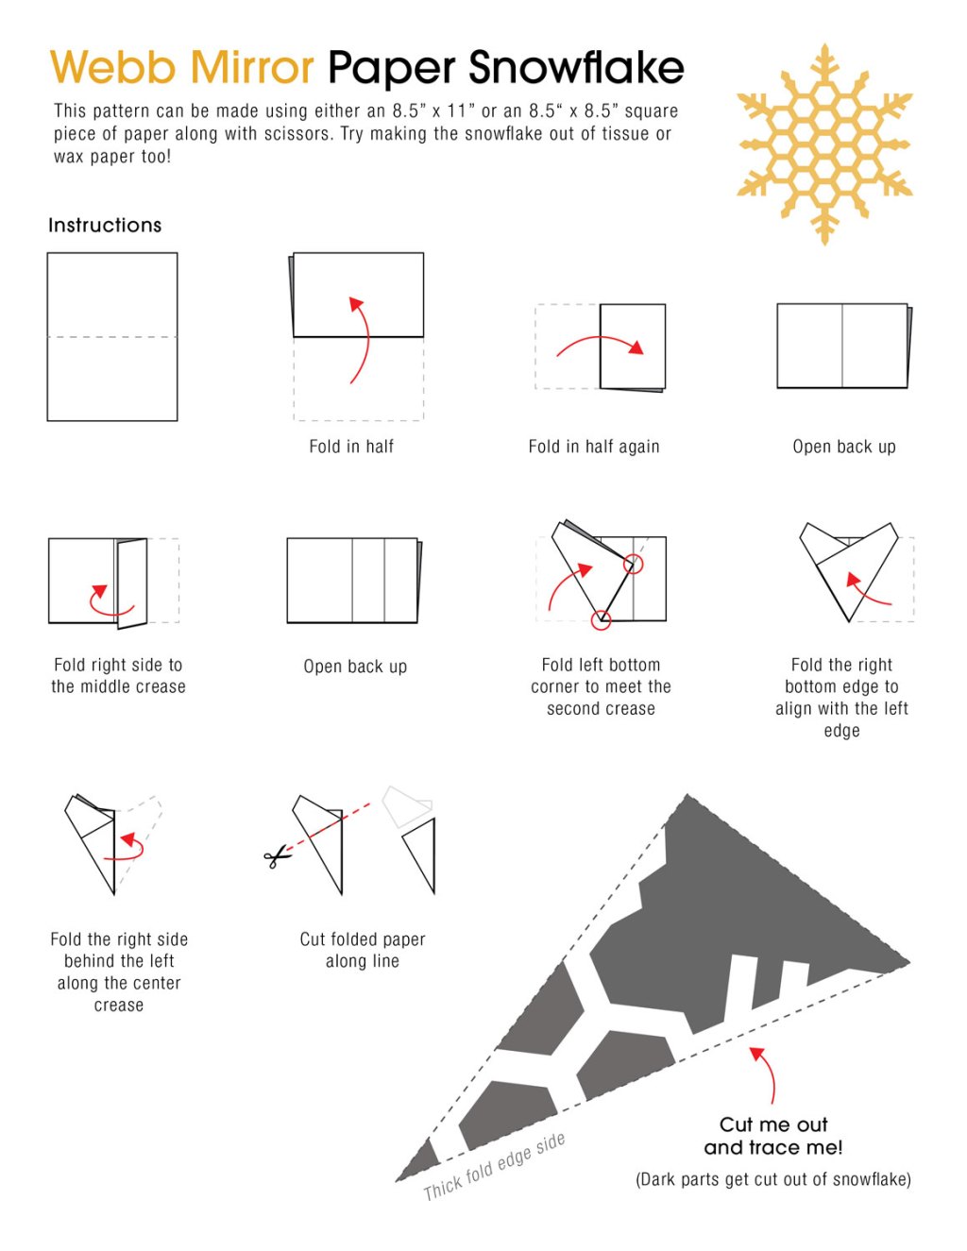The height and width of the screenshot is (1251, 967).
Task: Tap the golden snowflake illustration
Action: coord(824,144)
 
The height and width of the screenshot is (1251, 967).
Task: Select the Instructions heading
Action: coord(105,225)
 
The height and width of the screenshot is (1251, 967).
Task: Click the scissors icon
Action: coord(277,857)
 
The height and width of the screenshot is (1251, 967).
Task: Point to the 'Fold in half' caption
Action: coord(351,447)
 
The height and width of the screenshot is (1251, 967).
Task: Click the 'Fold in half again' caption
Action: coord(594,447)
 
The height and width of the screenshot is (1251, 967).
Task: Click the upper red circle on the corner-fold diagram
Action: coord(634,565)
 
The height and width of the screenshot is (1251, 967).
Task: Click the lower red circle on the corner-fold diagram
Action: coord(601,620)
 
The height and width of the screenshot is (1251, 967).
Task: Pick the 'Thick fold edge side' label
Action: coord(494,1167)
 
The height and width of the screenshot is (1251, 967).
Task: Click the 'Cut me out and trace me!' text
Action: coord(773,1136)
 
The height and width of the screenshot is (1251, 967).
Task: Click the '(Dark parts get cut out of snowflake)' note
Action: coord(773,1179)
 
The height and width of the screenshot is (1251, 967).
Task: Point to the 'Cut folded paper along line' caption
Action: coord(363,950)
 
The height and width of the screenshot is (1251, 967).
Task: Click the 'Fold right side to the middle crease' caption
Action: coord(118,675)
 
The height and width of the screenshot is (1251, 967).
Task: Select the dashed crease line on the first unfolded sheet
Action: coord(112,337)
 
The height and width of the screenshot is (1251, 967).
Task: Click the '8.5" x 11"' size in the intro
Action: coord(433,110)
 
